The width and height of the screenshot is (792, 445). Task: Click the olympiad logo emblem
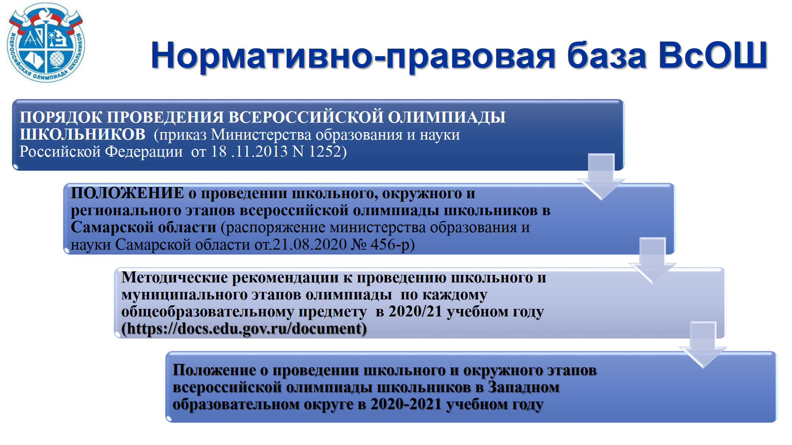[x=46, y=43]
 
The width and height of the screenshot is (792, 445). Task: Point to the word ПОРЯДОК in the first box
[x=61, y=117]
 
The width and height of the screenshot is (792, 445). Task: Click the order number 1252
[x=325, y=151]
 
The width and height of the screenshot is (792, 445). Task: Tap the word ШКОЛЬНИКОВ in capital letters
[x=83, y=134]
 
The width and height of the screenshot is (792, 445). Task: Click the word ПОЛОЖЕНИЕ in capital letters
[x=128, y=193]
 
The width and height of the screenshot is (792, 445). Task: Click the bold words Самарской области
[x=143, y=228]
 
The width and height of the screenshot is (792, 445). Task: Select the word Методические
[x=174, y=277]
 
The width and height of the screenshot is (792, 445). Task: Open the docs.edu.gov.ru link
[x=244, y=329]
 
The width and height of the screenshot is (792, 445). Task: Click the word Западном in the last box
[x=524, y=387]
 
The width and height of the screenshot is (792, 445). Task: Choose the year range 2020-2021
[x=406, y=404]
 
